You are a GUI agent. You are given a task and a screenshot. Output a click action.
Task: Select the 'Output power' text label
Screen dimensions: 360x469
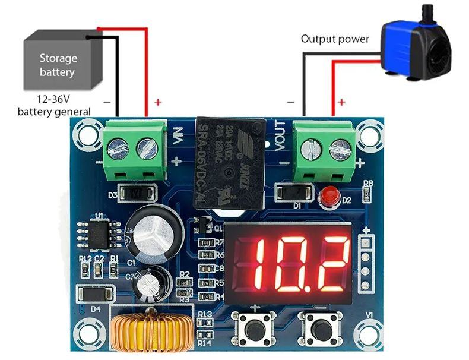pyautogui.click(x=335, y=39)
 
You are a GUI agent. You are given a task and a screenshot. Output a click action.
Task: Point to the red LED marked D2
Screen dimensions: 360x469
pyautogui.click(x=328, y=198)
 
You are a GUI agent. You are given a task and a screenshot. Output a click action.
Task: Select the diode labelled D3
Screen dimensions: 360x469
pyautogui.click(x=137, y=194)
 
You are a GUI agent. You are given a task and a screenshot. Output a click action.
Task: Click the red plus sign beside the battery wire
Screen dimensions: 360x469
pyautogui.click(x=158, y=102)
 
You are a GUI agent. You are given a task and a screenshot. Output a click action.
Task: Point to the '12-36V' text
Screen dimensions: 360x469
pyautogui.click(x=49, y=100)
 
